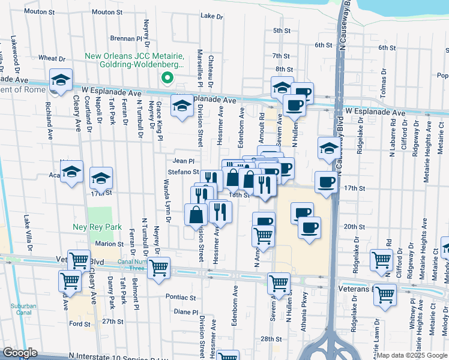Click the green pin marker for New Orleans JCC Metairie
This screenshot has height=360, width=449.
click(168, 77)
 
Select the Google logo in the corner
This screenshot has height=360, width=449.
click(20, 353)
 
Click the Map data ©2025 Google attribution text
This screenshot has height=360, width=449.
click(412, 355)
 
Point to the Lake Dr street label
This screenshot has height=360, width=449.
click(211, 16)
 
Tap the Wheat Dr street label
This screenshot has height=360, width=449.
click(52, 59)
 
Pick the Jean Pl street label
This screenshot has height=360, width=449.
click(184, 161)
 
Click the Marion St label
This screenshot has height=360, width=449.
click(109, 244)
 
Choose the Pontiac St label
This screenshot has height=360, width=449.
click(181, 297)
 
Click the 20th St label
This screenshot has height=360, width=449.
click(355, 226)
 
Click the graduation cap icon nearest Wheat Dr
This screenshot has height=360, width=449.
click(61, 80)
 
